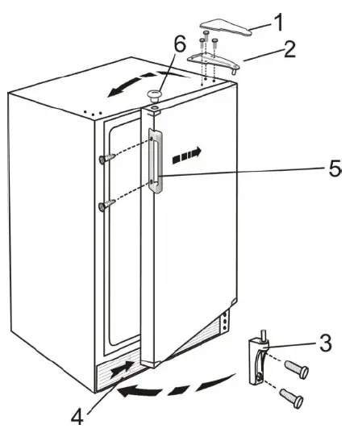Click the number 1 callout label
point(277,21)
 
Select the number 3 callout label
point(323,343)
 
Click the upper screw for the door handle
point(104,157)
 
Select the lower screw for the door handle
point(103,206)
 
